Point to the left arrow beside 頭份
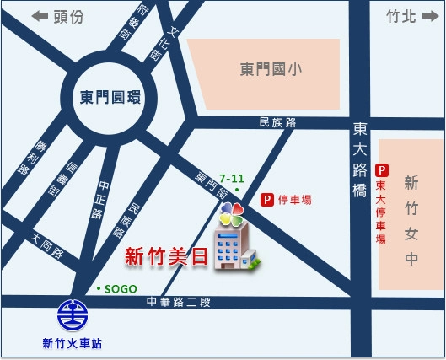click(38, 15)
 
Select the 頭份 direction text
click(68, 15)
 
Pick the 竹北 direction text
click(400, 15)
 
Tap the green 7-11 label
click(231, 178)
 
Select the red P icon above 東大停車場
click(382, 169)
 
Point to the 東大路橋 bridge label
click(359, 160)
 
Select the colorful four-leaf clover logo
click(232, 214)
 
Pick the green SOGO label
click(116, 288)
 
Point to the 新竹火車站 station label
click(72, 343)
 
